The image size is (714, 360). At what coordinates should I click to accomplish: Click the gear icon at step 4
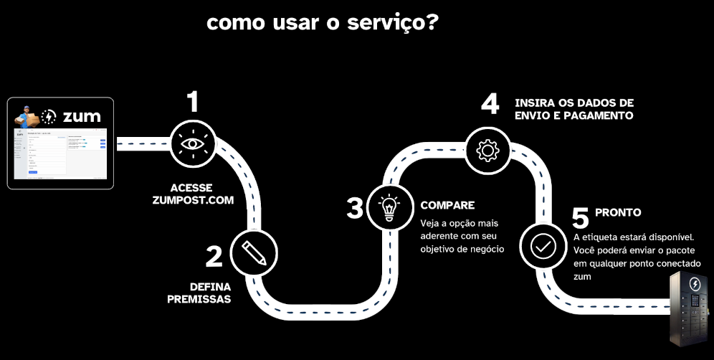487,149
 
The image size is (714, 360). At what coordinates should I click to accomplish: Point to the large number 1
192,103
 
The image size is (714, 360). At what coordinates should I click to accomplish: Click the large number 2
214,256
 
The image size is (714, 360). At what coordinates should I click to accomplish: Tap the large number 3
355,209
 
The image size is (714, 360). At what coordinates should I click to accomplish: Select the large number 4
490,104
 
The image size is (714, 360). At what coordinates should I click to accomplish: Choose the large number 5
581,217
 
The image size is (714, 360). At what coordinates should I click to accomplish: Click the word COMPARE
447,204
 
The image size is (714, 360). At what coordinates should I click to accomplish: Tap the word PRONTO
617,213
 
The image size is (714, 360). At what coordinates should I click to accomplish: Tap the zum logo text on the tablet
81,116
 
